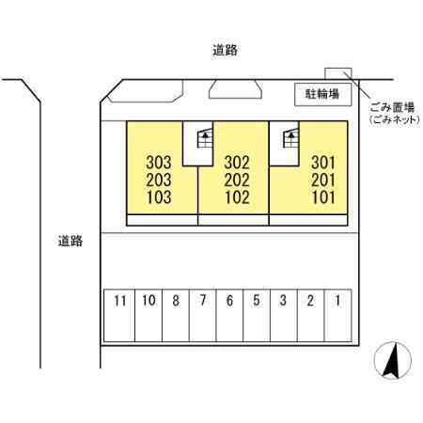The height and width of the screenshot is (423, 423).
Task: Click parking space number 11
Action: [x=119, y=315]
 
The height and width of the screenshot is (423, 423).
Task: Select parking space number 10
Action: [x=149, y=315]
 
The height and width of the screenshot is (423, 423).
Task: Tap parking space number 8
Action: [x=176, y=315]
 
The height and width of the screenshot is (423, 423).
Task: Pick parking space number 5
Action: [x=257, y=315]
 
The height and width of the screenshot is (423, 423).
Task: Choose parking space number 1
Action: [x=337, y=315]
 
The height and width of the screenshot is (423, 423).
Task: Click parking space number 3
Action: [x=284, y=315]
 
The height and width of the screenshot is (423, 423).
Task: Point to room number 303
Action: [x=159, y=163]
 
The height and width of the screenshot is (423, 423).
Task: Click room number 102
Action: [x=237, y=197]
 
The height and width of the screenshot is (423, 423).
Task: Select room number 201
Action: [x=323, y=180]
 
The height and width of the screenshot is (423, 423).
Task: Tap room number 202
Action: [x=237, y=180]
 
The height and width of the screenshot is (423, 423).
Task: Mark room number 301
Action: [x=323, y=163]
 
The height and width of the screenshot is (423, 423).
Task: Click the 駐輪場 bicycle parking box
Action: [x=323, y=94]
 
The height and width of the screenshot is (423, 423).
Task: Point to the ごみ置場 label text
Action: [x=392, y=107]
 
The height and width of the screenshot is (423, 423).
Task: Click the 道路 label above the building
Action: [x=225, y=50]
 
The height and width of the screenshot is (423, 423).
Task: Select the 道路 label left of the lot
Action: [x=70, y=241]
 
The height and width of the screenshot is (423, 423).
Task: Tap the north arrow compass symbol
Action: [x=393, y=360]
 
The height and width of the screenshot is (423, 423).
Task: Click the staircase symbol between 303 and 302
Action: [x=205, y=138]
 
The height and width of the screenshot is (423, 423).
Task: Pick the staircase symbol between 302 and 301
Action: [x=290, y=138]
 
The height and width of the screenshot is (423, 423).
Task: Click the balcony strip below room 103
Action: [x=163, y=220]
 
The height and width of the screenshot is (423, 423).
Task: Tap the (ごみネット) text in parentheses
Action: [x=394, y=119]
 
